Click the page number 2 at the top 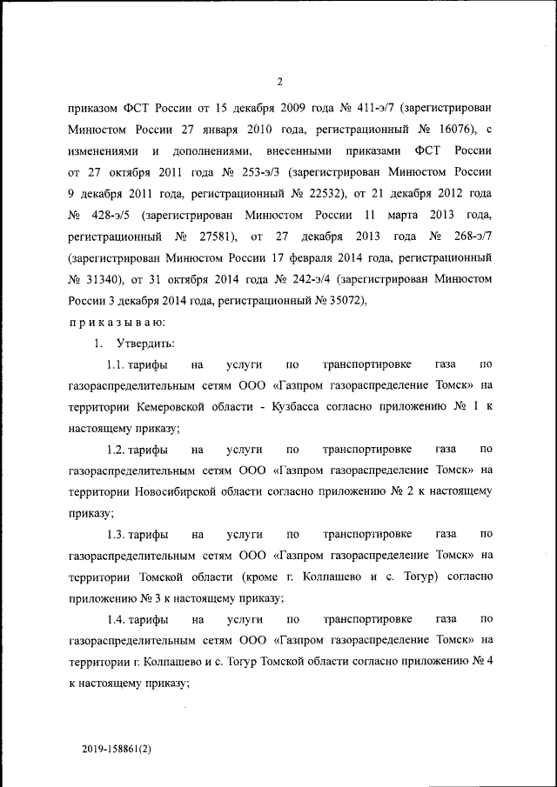279,82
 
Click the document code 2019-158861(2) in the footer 116,748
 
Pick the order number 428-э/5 111,215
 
